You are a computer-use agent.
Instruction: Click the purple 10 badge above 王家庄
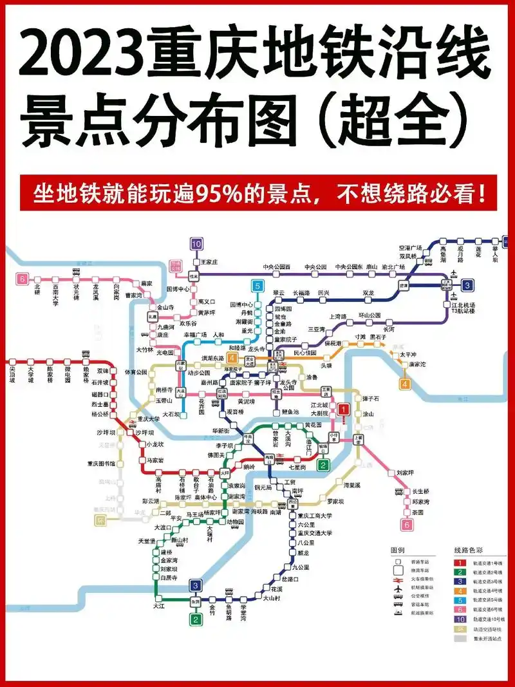[x=196, y=244]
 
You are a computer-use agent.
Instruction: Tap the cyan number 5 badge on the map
[x=258, y=287]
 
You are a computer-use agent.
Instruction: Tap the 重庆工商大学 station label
[x=315, y=516]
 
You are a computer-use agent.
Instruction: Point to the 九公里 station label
[x=301, y=567]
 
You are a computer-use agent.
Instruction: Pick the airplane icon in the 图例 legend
[x=398, y=587]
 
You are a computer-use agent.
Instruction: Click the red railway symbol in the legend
[x=398, y=578]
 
